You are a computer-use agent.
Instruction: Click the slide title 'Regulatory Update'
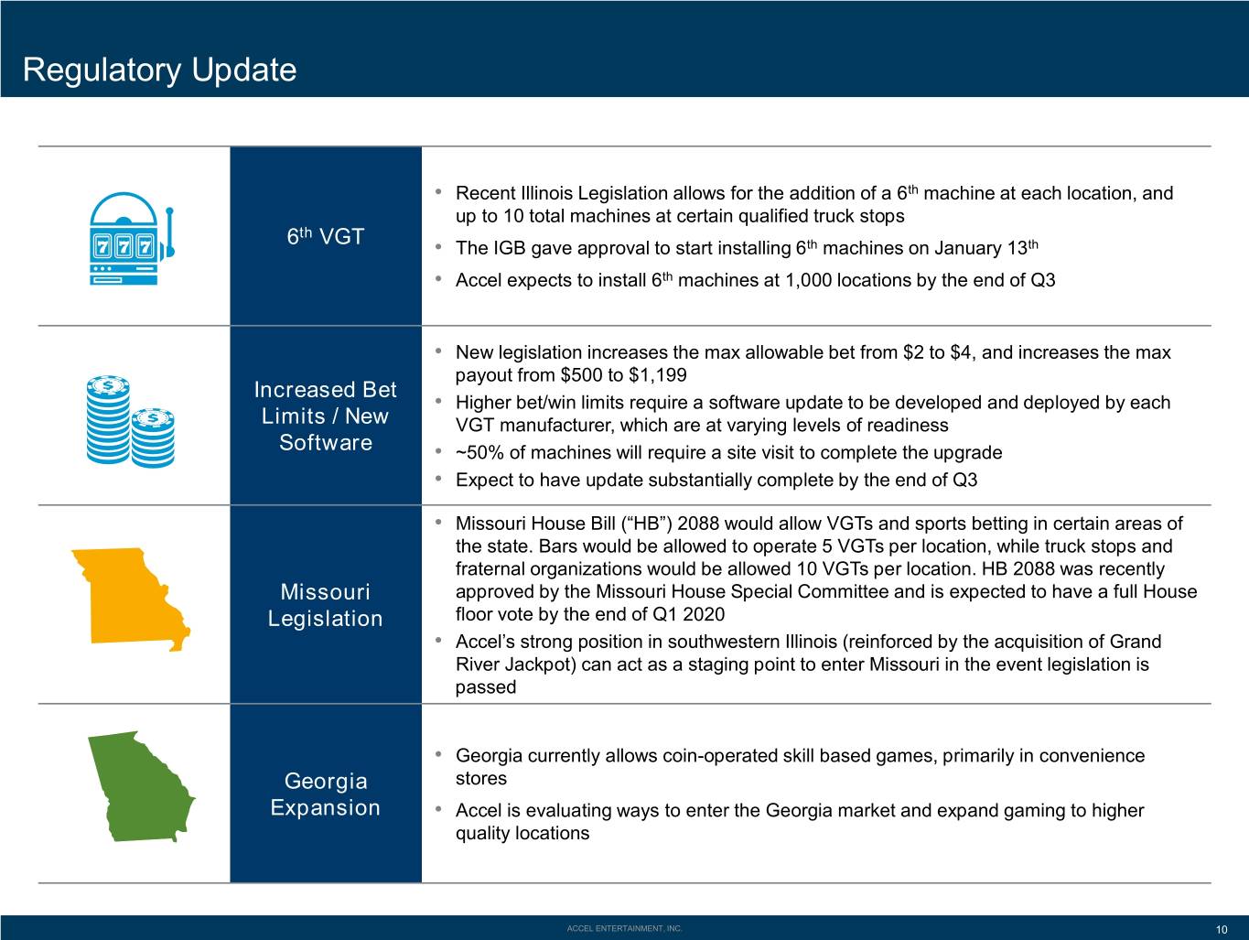pyautogui.click(x=159, y=70)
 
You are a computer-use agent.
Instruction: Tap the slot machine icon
pyautogui.click(x=132, y=238)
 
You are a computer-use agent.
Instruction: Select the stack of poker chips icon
pyautogui.click(x=130, y=422)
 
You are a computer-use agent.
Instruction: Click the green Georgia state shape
pyautogui.click(x=141, y=786)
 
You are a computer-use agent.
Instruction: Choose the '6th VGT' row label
pyautogui.click(x=326, y=235)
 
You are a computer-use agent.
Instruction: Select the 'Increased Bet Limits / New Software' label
pyautogui.click(x=326, y=416)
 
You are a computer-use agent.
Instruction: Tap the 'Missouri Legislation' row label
pyautogui.click(x=326, y=605)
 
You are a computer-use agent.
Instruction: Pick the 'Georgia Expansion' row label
pyautogui.click(x=326, y=794)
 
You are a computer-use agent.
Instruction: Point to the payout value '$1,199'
pyautogui.click(x=658, y=375)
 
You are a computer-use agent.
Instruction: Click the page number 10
pyautogui.click(x=1222, y=930)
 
